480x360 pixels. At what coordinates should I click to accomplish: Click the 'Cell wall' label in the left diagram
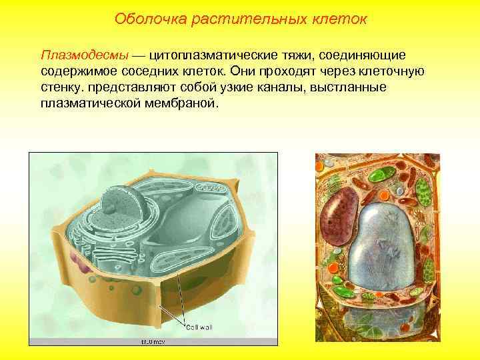pos(200,327)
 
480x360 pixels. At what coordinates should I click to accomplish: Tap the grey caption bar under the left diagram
pos(153,341)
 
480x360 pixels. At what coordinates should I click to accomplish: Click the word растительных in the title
pos(244,19)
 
